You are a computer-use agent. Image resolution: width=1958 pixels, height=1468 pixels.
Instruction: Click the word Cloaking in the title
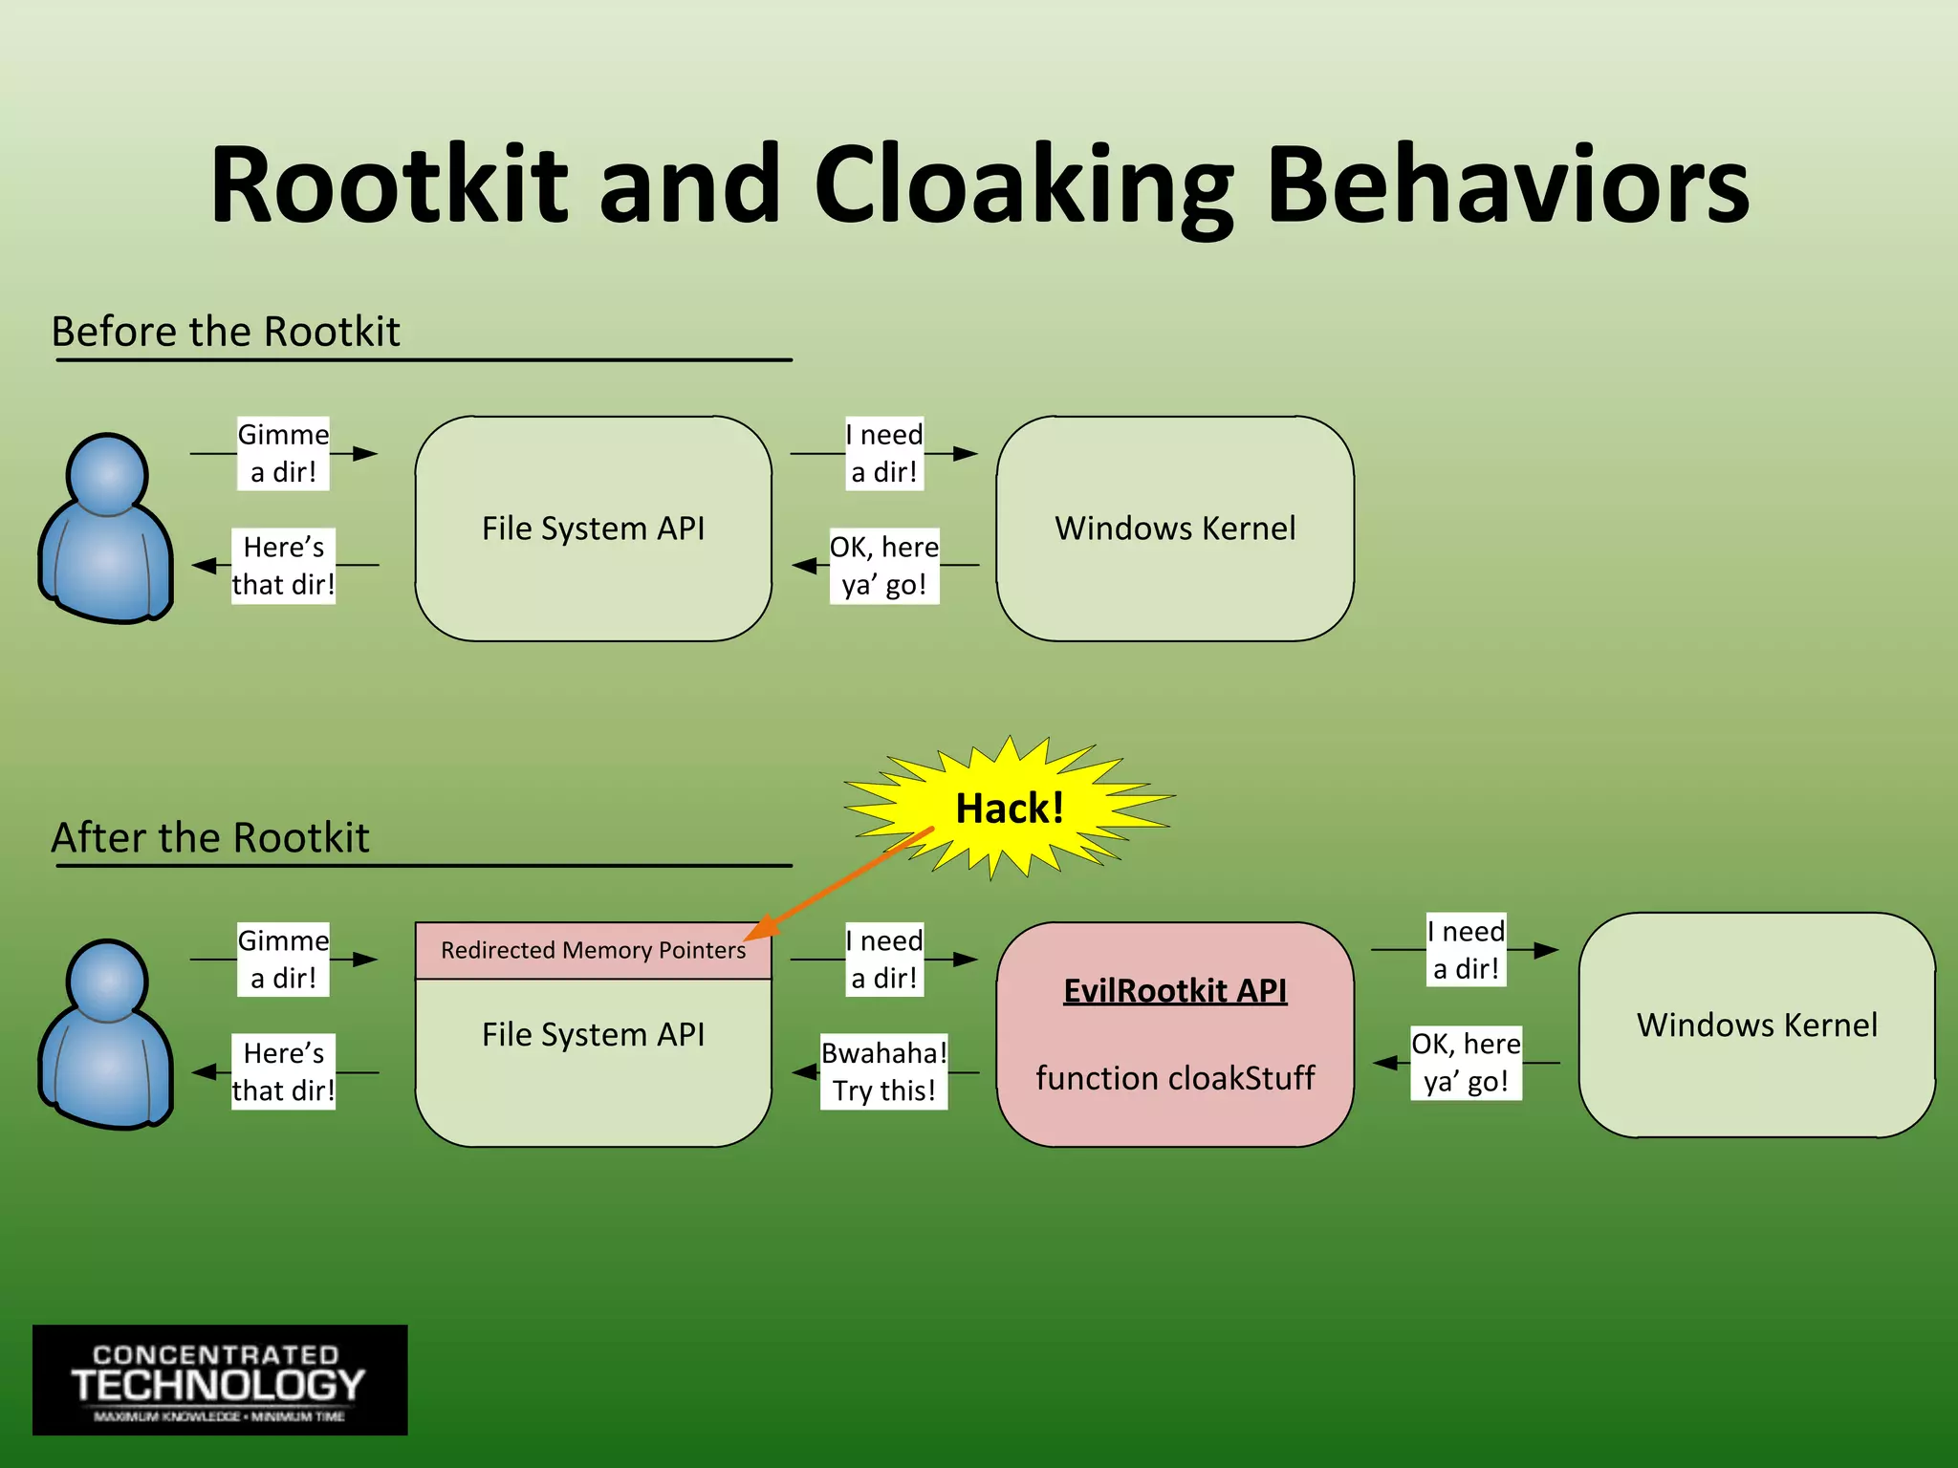point(1023,186)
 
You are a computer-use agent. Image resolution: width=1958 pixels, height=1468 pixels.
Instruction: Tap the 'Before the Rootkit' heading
point(226,332)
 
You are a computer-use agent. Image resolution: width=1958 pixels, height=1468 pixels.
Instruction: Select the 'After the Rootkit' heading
point(210,838)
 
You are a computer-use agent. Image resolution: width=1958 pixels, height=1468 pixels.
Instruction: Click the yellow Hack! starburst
point(1010,808)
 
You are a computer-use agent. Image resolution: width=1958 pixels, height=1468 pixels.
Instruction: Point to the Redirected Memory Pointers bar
point(593,950)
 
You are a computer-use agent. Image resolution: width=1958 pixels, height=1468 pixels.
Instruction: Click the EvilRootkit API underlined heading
point(1175,990)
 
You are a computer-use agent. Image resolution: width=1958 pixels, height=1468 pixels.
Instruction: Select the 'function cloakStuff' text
point(1175,1078)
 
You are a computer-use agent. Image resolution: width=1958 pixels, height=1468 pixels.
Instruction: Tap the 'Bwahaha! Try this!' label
point(884,1071)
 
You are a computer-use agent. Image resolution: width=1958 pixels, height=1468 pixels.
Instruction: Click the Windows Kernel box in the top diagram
point(1175,529)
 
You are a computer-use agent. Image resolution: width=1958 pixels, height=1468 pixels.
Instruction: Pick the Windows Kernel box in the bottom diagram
point(1756,1025)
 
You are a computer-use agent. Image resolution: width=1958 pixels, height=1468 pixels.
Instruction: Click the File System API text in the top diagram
point(593,529)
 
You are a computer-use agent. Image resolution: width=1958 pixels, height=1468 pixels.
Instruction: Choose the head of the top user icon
point(107,474)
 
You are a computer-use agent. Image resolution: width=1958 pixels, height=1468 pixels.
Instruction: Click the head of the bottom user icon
point(107,981)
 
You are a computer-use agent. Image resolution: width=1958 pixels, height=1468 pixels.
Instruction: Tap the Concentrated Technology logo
point(220,1380)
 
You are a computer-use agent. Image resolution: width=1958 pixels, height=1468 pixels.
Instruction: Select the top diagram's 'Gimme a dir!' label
point(283,453)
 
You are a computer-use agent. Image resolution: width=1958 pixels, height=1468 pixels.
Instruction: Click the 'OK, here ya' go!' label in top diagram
point(884,566)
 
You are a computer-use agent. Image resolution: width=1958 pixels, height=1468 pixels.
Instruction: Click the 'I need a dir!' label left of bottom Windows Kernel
point(1466,949)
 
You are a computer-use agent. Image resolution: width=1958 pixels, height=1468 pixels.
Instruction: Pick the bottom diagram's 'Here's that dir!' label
point(283,1071)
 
